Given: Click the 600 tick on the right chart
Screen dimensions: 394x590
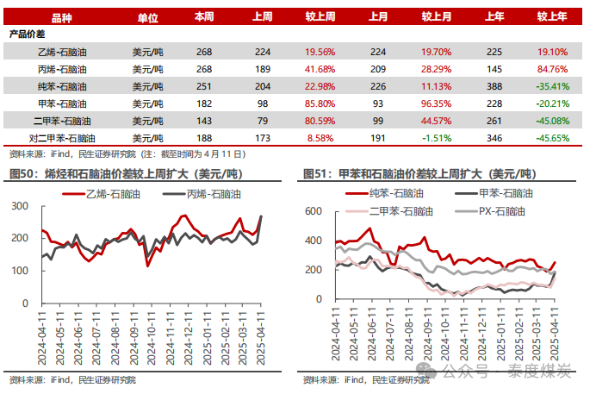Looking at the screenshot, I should (313, 211).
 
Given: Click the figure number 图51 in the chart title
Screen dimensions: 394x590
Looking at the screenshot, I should (316, 174).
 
